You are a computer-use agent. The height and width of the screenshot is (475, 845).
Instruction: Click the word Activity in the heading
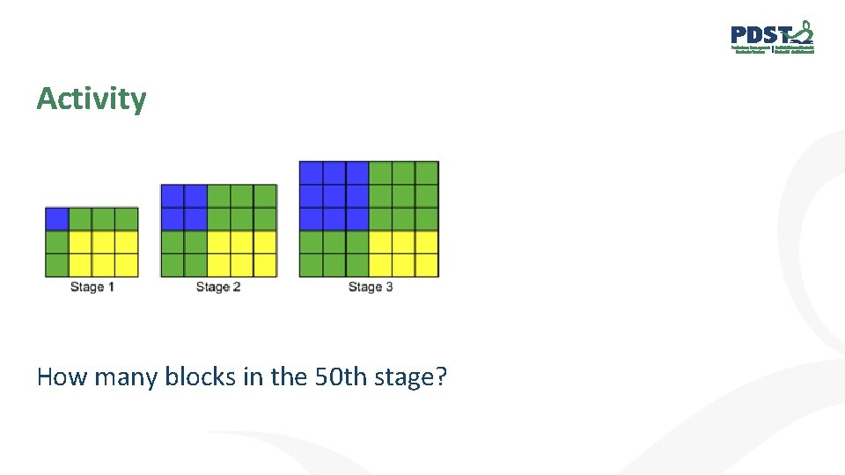[92, 99]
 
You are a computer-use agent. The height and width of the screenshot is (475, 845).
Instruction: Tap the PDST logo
[772, 38]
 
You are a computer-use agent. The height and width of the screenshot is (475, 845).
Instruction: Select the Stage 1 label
[92, 287]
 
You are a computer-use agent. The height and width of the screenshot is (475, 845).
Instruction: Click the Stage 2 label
[218, 287]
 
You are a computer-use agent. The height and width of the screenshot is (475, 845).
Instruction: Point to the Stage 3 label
[370, 287]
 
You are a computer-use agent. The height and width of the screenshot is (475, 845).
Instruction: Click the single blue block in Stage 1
[57, 218]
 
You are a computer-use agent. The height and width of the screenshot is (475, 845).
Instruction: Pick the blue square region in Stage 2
[184, 207]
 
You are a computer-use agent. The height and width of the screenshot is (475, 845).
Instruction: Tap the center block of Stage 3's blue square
[334, 195]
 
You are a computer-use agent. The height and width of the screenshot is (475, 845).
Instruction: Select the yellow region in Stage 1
[104, 253]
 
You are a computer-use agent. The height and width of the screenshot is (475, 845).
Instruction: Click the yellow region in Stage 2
[242, 253]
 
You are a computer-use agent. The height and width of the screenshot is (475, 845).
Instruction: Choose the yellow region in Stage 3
[403, 253]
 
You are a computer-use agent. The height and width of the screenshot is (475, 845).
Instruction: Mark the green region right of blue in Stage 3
[403, 195]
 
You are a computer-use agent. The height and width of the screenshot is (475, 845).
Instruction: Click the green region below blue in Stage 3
[334, 253]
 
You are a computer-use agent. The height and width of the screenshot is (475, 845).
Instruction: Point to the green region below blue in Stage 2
[184, 253]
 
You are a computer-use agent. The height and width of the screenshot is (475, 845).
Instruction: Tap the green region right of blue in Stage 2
[242, 207]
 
